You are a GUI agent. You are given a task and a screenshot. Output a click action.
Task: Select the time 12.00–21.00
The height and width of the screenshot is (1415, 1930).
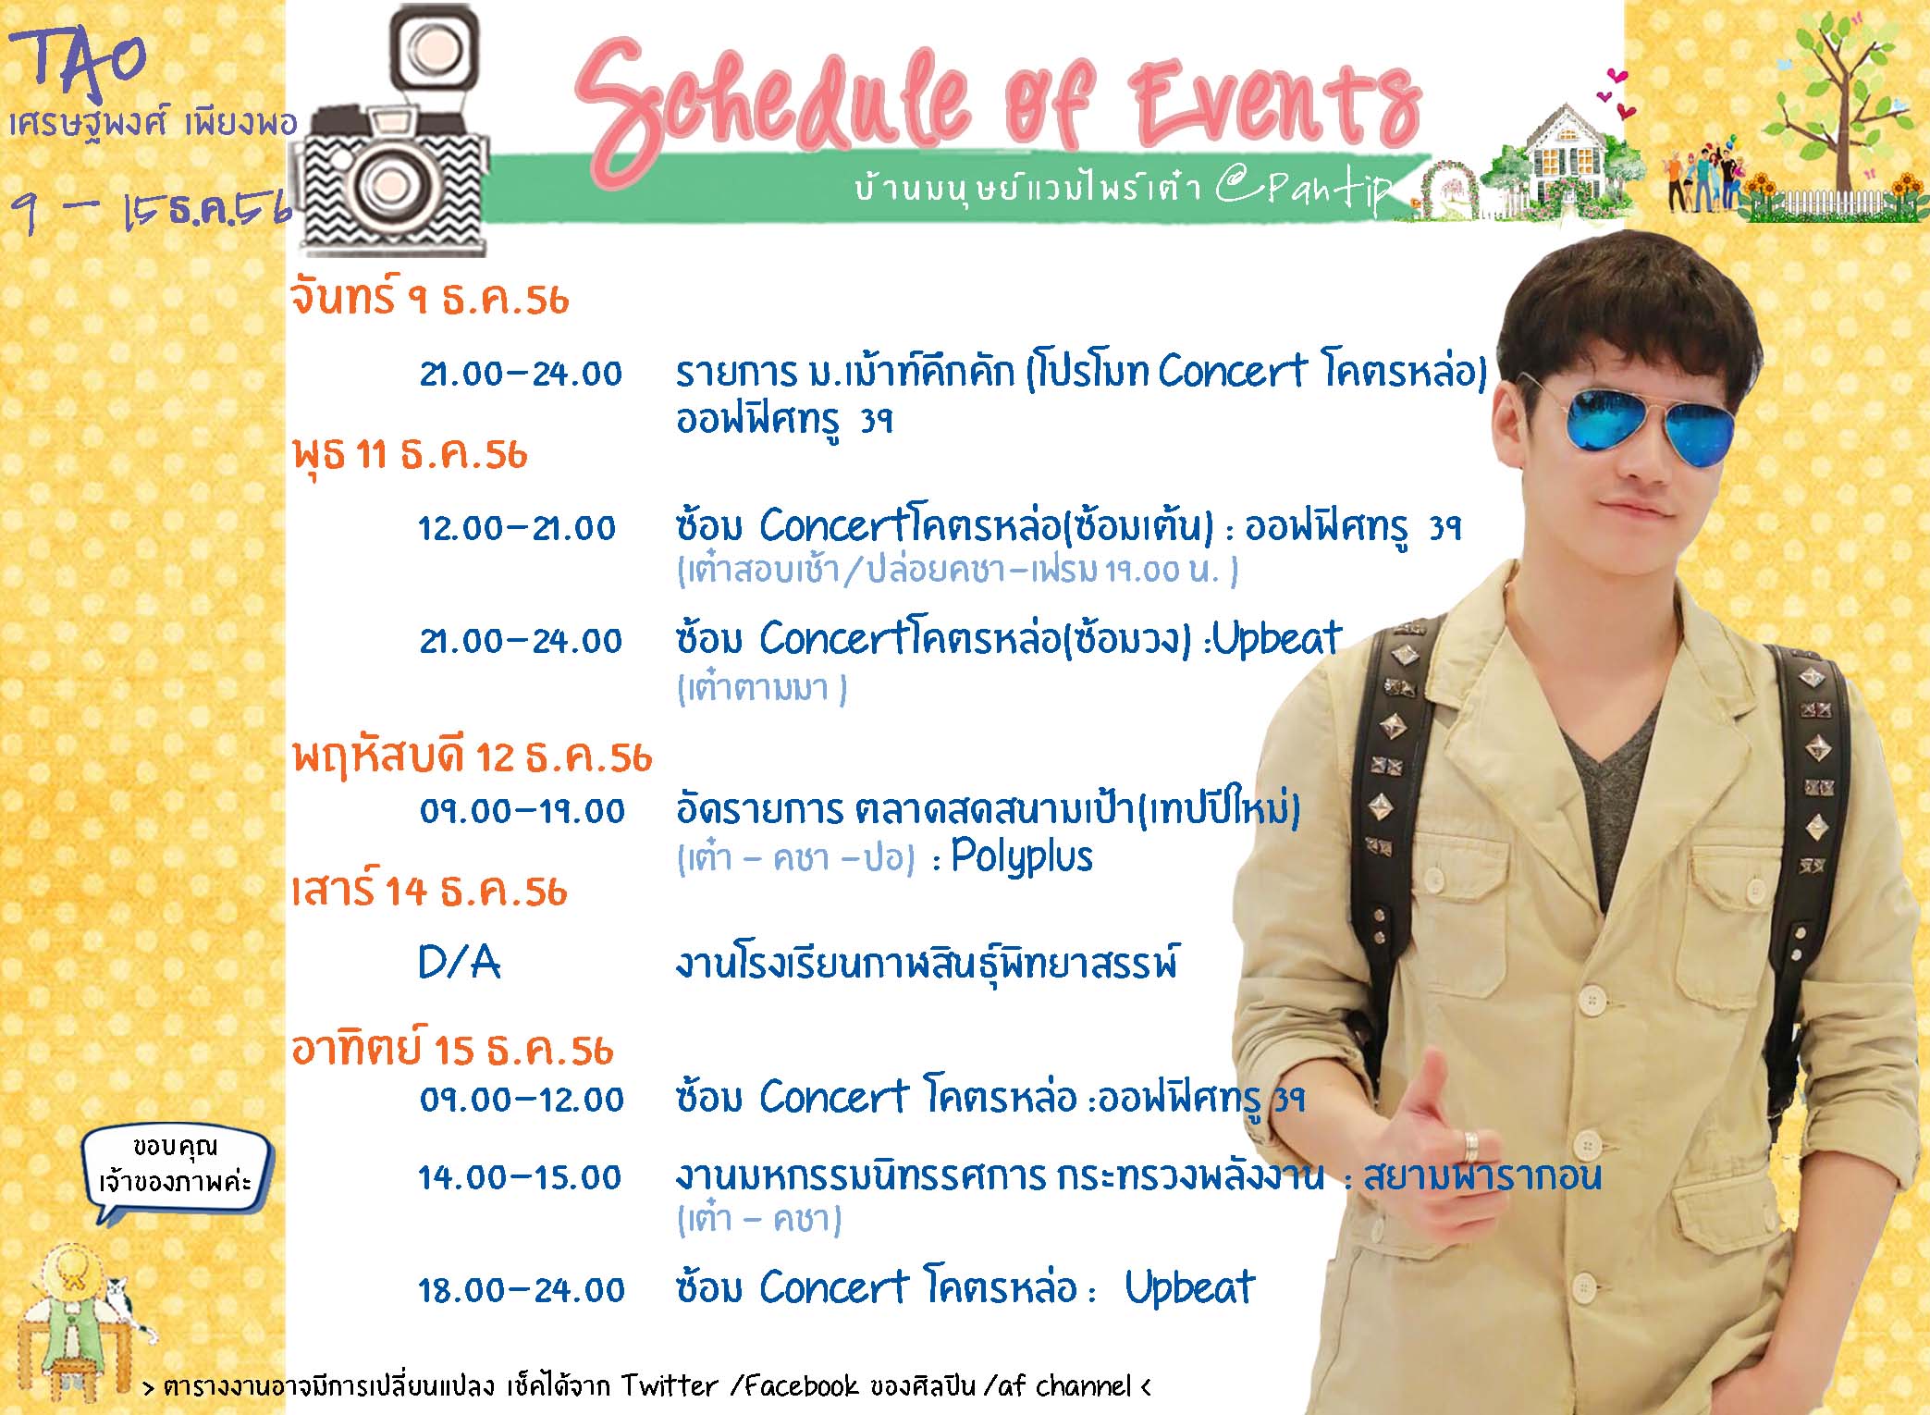click(517, 528)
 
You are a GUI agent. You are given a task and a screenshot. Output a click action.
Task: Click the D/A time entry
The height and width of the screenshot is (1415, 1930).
click(459, 962)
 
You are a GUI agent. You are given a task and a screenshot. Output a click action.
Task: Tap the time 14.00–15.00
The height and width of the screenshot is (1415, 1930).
click(520, 1177)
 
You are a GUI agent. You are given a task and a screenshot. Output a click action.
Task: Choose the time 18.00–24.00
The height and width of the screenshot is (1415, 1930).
click(522, 1289)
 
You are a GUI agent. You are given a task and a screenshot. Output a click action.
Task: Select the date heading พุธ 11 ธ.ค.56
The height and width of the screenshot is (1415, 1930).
click(410, 455)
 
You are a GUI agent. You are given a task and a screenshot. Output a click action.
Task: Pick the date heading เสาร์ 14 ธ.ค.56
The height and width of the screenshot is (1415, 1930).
click(429, 892)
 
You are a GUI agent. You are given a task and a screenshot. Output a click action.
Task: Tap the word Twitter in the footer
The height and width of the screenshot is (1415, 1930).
click(670, 1384)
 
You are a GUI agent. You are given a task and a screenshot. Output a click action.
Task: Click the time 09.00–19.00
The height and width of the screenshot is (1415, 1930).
click(522, 811)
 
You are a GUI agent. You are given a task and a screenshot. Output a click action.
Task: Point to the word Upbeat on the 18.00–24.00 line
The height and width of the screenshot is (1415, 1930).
click(1189, 1287)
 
